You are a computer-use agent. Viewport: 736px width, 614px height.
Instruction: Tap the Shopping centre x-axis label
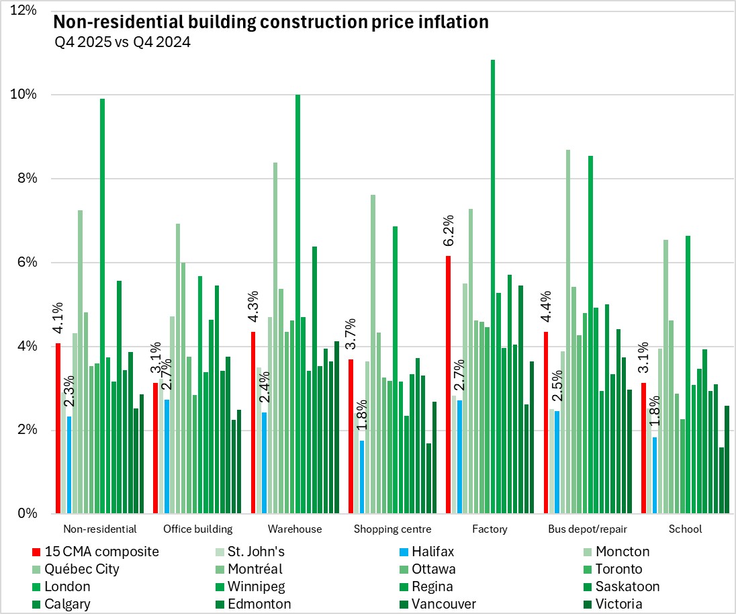[392, 529]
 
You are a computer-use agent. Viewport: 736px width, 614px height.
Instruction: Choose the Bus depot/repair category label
[588, 529]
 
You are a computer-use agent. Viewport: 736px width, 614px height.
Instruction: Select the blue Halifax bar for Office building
[167, 457]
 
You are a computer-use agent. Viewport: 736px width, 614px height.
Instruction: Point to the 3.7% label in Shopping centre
[351, 335]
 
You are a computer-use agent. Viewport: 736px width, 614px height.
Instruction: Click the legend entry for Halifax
[430, 552]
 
